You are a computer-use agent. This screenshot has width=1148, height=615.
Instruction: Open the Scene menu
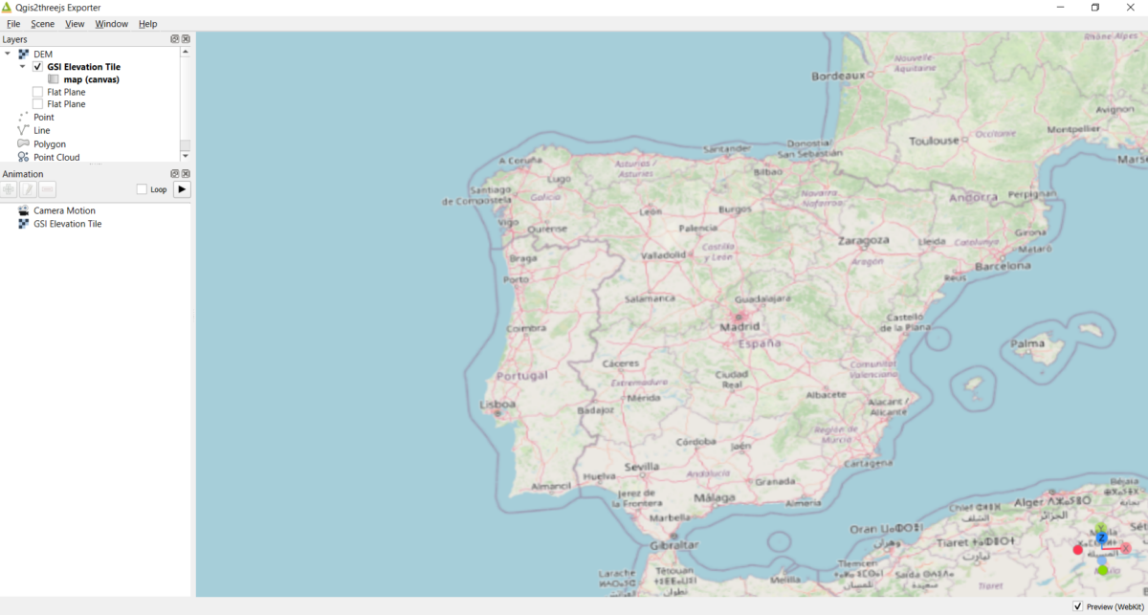(x=42, y=24)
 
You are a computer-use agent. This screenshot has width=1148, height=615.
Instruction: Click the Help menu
(x=147, y=24)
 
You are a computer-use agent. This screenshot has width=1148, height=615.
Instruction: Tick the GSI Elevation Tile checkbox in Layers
(x=37, y=67)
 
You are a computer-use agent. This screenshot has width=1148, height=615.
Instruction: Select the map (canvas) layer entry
(x=91, y=79)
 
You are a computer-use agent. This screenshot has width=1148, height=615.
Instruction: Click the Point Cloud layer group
(x=56, y=157)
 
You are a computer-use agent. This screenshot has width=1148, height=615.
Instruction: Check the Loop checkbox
(x=142, y=189)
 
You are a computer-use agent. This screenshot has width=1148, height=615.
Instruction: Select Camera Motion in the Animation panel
(x=64, y=210)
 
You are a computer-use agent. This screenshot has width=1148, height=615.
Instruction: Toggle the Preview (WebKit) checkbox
(x=1078, y=606)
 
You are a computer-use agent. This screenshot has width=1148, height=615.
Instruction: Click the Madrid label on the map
(x=740, y=326)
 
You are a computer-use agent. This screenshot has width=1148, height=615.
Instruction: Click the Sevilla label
(x=641, y=467)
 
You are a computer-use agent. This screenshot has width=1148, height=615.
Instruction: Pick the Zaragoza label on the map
(x=863, y=240)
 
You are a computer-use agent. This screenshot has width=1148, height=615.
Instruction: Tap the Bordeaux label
(x=838, y=76)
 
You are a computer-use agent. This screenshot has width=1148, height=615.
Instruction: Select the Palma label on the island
(x=1028, y=343)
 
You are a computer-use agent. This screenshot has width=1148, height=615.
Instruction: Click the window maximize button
(x=1095, y=8)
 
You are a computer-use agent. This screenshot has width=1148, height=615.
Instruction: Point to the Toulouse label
(x=934, y=141)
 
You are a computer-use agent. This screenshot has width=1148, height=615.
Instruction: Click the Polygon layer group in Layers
(x=50, y=143)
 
